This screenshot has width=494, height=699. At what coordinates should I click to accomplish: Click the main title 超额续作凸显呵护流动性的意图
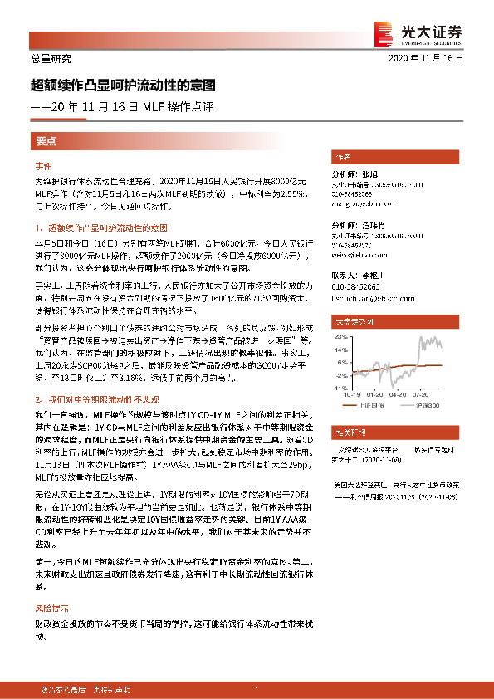click(x=123, y=85)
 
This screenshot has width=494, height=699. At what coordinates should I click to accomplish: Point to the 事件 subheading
click(x=43, y=165)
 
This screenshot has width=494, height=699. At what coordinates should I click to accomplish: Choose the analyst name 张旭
click(x=369, y=174)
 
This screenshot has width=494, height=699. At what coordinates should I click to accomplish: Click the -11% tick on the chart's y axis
click(x=339, y=388)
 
